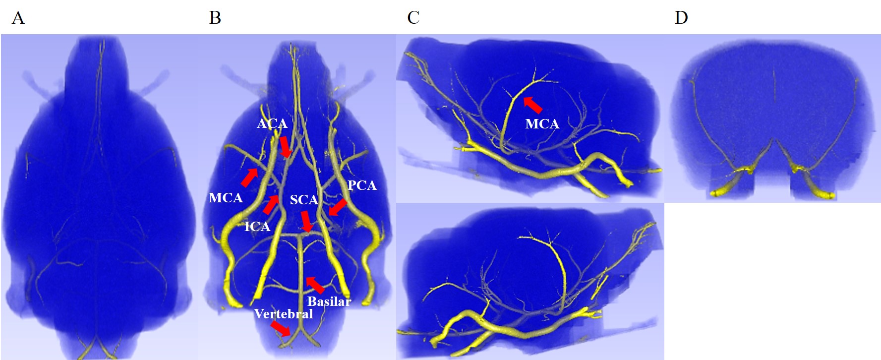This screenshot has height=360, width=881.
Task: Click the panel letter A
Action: [18, 18]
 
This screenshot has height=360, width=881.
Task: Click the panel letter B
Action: [215, 18]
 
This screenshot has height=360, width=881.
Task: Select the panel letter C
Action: [413, 18]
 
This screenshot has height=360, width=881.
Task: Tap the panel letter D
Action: [681, 18]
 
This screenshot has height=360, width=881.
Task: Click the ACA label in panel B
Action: [272, 123]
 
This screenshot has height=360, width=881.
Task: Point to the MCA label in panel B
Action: [226, 198]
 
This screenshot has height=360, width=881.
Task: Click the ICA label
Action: [257, 227]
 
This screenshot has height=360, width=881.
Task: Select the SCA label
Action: [303, 200]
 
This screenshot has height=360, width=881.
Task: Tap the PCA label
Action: [362, 185]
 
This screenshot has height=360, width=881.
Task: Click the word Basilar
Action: [329, 301]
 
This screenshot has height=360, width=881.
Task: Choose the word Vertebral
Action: [283, 314]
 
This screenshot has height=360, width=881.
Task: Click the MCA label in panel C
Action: [542, 124]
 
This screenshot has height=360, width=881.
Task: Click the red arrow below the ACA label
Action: [285, 147]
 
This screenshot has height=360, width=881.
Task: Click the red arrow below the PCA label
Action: [338, 207]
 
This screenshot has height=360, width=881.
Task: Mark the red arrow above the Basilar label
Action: [315, 285]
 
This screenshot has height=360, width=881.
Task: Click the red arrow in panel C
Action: [533, 105]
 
